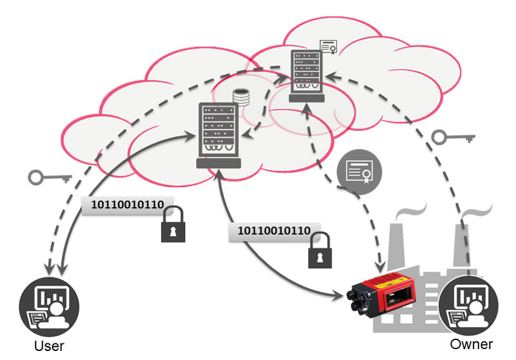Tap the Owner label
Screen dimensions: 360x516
(471, 343)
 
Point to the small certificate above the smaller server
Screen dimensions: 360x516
(329, 46)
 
